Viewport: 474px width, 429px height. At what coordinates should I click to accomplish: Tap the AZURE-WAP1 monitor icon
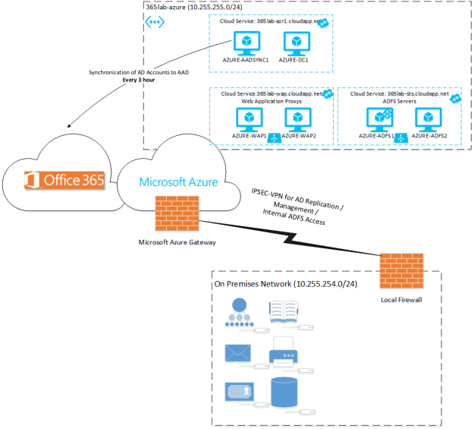pyautogui.click(x=248, y=118)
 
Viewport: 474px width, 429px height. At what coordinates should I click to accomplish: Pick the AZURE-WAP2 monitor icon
pyautogui.click(x=297, y=118)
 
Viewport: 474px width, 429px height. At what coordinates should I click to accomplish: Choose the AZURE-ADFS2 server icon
pyautogui.click(x=428, y=118)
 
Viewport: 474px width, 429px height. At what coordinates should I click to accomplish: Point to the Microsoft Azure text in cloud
pyautogui.click(x=179, y=182)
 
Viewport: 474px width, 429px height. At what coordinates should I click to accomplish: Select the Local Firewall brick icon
pyautogui.click(x=394, y=270)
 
